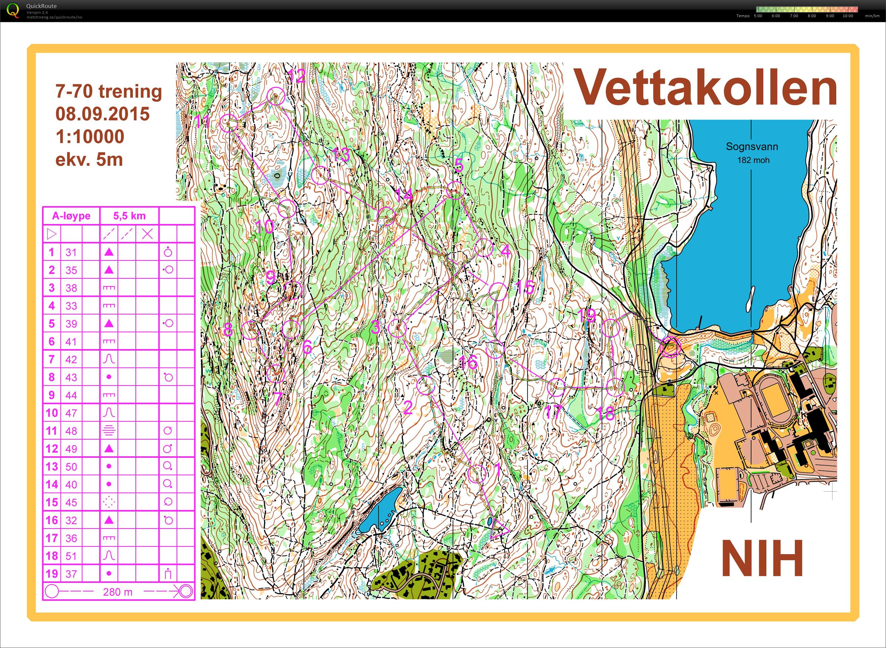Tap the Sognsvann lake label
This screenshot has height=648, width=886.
pyautogui.click(x=751, y=147)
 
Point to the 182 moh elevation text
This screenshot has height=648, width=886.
pyautogui.click(x=753, y=160)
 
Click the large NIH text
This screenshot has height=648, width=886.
pyautogui.click(x=761, y=558)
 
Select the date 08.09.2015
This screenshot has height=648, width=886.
pyautogui.click(x=102, y=114)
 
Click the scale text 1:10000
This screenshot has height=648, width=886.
pyautogui.click(x=90, y=137)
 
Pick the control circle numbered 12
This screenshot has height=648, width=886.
pyautogui.click(x=276, y=96)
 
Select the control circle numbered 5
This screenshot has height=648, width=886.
pyautogui.click(x=455, y=190)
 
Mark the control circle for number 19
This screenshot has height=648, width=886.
pyautogui.click(x=611, y=328)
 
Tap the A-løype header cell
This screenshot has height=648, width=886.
pyautogui.click(x=71, y=216)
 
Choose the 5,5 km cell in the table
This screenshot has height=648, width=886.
pyautogui.click(x=129, y=216)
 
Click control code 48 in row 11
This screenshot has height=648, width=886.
pyautogui.click(x=71, y=431)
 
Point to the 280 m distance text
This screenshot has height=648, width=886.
pyautogui.click(x=118, y=592)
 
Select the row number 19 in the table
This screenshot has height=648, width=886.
pyautogui.click(x=51, y=573)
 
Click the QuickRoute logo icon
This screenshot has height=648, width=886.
pyautogui.click(x=12, y=10)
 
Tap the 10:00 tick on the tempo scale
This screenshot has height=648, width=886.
pyautogui.click(x=848, y=16)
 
